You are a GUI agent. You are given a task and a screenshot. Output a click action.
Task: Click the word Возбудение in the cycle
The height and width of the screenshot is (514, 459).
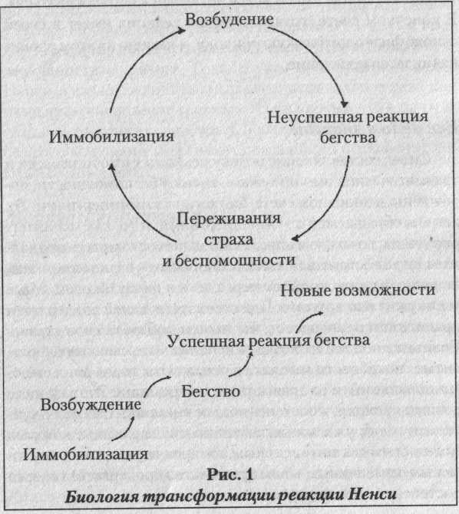tap(229, 19)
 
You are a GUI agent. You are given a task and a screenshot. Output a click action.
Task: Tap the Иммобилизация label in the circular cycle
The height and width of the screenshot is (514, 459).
tap(111, 137)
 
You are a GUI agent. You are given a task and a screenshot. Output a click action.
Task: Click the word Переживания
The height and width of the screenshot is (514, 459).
tap(229, 219)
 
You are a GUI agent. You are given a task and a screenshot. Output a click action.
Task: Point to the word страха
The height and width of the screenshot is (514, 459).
tap(229, 239)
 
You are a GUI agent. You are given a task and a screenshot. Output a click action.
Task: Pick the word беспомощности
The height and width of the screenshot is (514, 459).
tap(235, 260)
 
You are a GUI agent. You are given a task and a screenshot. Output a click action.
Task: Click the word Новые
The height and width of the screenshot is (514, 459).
tap(305, 291)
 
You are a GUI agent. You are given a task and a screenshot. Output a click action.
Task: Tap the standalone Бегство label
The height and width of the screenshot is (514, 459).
tap(210, 391)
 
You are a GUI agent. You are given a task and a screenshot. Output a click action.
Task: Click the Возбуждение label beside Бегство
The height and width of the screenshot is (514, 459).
tap(91, 405)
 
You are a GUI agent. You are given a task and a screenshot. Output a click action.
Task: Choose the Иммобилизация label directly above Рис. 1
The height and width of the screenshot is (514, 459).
tap(85, 454)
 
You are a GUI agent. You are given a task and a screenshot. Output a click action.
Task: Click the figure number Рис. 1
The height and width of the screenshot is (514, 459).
tap(230, 474)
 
